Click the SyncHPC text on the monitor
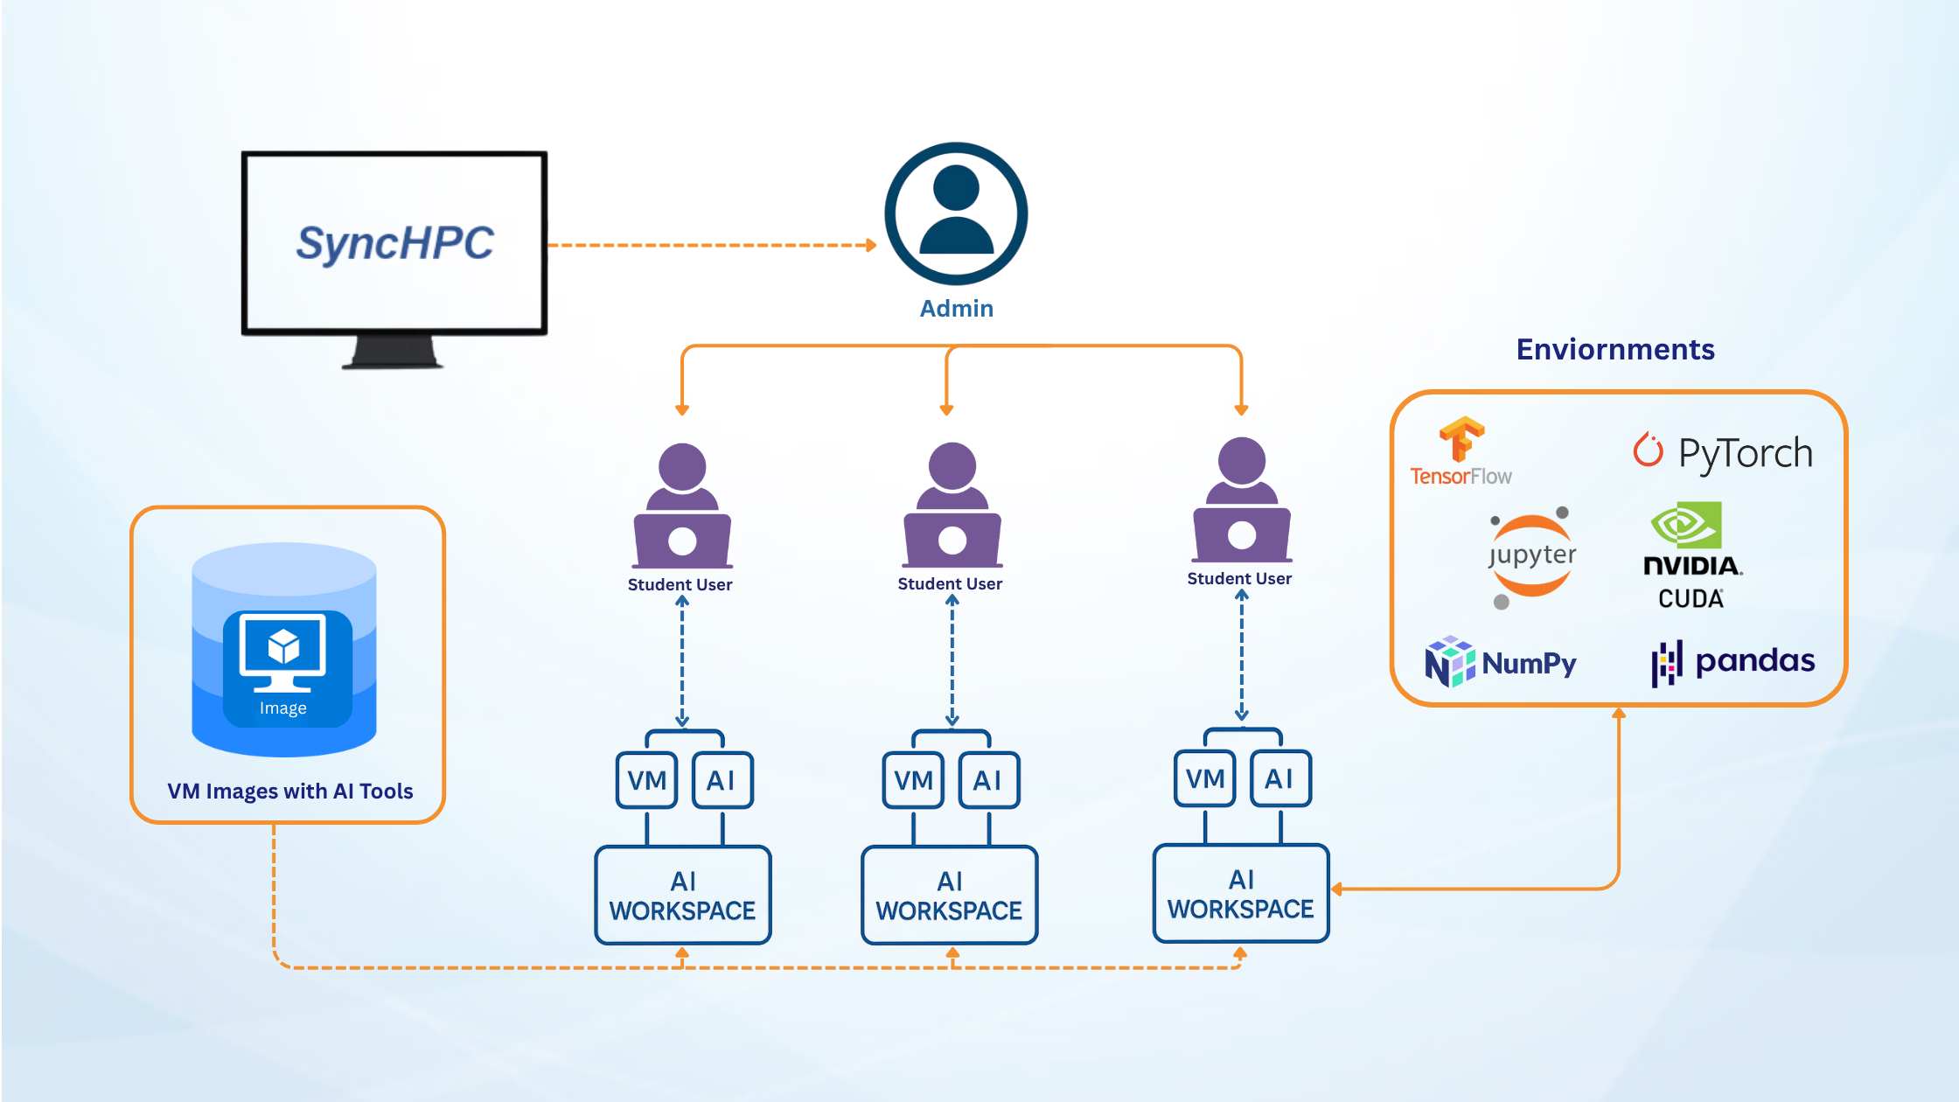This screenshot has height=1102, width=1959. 394,243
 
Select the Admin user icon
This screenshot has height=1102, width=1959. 956,213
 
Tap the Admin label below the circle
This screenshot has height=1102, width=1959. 956,309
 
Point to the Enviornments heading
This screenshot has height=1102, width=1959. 1614,350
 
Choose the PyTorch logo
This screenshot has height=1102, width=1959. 1723,452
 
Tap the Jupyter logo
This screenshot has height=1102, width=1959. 1531,556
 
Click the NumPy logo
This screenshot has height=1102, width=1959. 1501,663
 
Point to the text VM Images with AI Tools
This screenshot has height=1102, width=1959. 289,792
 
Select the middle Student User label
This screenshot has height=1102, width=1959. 950,584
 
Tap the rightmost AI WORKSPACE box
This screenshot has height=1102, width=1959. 1240,894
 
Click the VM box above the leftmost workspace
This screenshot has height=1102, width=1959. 647,780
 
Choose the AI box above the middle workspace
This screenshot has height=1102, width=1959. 988,780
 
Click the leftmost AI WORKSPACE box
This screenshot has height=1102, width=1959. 682,896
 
